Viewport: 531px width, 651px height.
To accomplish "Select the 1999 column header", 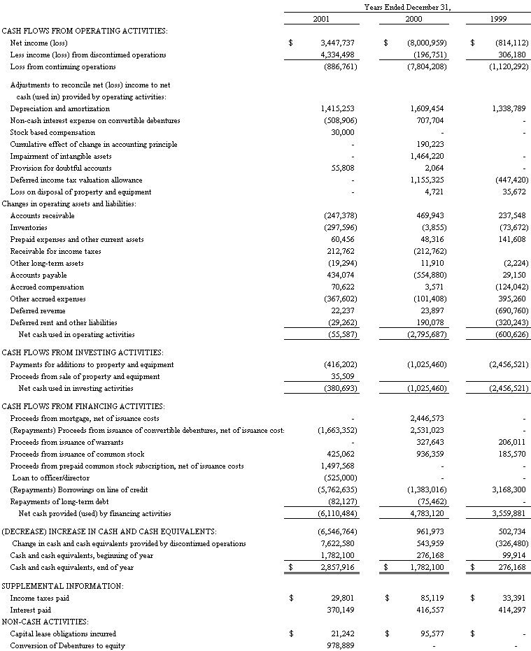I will coord(499,17).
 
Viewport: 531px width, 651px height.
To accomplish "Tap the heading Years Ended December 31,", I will coord(407,6).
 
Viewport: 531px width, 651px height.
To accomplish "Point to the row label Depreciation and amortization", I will coord(59,108).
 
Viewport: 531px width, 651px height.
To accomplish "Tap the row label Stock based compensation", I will coord(52,132).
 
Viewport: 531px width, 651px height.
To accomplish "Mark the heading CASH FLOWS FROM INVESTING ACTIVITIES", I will coord(83,352).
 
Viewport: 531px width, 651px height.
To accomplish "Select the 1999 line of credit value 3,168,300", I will coord(508,489).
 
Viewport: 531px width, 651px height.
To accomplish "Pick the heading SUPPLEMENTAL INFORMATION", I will coord(62,585).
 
